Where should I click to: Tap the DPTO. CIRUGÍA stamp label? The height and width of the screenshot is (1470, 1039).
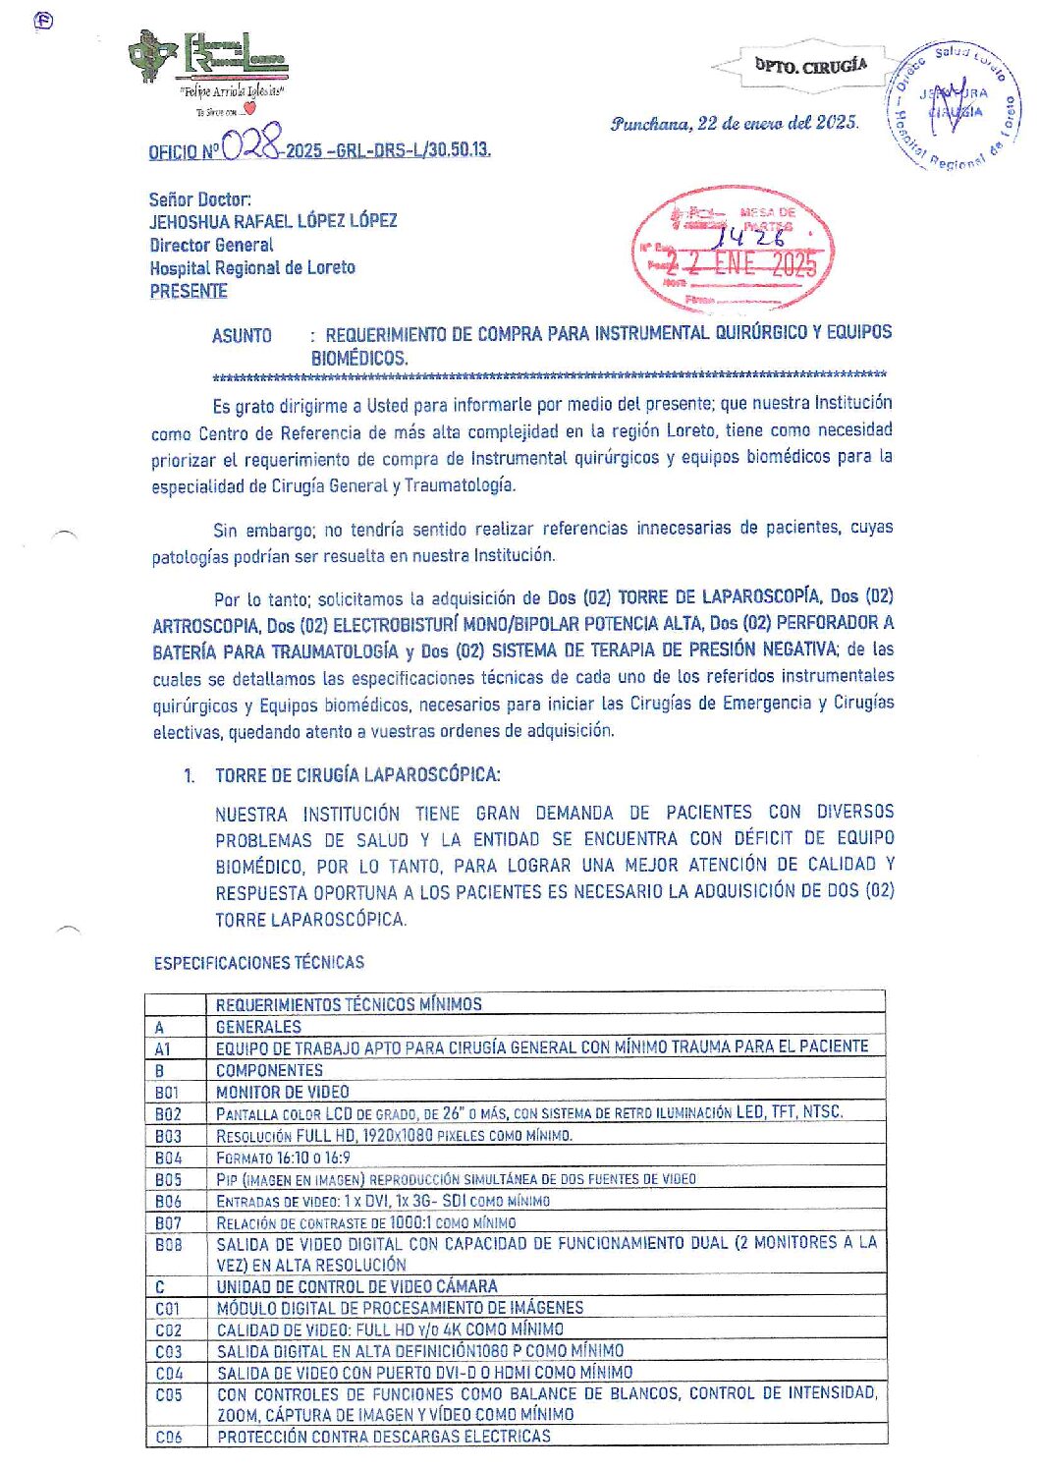(810, 66)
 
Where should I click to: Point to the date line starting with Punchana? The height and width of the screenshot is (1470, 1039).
(734, 123)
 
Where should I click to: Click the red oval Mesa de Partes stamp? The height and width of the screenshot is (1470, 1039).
(734, 249)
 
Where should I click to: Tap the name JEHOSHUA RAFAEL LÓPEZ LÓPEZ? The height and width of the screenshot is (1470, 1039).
(273, 221)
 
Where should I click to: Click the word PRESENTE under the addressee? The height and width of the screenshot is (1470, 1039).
(189, 291)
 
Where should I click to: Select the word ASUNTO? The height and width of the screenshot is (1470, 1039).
(242, 335)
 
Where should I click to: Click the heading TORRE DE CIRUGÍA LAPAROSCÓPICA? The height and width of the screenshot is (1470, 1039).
(357, 775)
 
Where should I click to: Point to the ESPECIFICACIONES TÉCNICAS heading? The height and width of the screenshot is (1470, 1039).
(258, 963)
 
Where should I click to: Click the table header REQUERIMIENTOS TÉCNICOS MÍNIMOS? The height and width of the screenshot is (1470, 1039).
(349, 1004)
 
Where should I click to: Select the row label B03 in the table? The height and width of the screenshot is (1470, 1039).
(168, 1136)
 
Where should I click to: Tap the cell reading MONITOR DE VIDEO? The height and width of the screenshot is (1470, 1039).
(283, 1092)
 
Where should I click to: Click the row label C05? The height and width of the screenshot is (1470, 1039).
(168, 1394)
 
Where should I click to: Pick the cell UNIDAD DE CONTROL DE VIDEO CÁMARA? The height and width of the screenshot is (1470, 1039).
(356, 1286)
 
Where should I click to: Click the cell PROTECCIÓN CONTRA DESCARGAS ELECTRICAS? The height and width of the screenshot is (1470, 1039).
(384, 1437)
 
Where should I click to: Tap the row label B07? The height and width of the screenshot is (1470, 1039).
(168, 1222)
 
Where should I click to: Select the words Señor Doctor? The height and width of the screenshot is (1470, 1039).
(199, 199)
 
